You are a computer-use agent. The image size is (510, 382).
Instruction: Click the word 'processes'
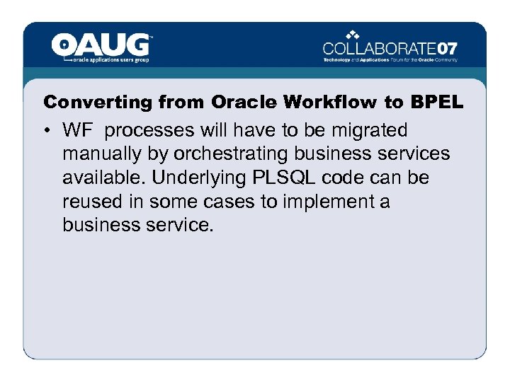149,131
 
